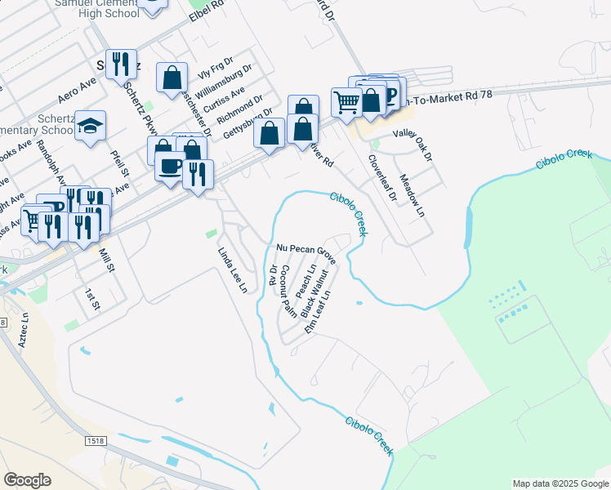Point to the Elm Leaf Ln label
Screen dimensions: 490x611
click(319, 312)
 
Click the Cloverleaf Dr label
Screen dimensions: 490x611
click(381, 179)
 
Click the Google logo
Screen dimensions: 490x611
click(27, 480)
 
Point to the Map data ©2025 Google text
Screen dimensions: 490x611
click(560, 483)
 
